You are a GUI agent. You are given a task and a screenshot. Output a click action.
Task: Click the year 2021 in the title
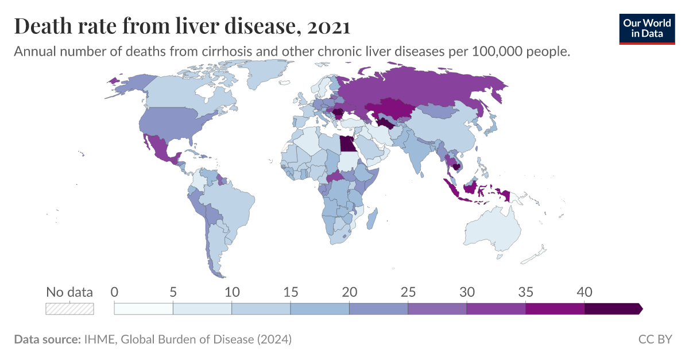(x=328, y=26)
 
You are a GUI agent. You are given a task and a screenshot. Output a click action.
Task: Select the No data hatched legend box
(x=69, y=308)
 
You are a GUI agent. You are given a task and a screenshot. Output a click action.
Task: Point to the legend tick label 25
(x=408, y=292)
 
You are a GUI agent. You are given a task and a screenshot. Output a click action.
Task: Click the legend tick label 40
(x=584, y=292)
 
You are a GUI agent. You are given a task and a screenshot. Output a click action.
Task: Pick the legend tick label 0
(x=114, y=292)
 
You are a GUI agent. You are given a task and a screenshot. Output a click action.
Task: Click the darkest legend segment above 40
(x=611, y=308)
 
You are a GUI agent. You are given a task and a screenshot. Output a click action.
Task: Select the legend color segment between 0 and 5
(x=144, y=308)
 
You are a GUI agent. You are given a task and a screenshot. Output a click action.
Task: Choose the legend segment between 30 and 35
(x=496, y=308)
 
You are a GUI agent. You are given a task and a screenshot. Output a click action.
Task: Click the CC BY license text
(x=655, y=339)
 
